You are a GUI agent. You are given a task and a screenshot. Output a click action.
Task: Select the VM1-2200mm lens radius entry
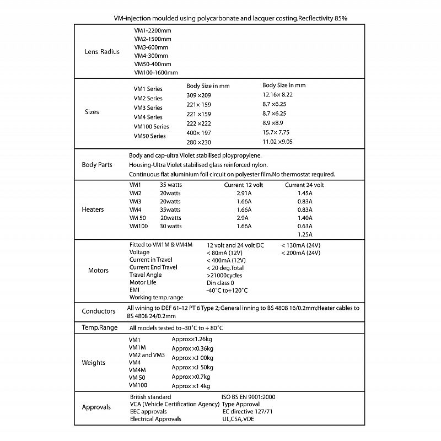point(153,30)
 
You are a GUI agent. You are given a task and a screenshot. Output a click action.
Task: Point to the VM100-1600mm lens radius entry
point(156,72)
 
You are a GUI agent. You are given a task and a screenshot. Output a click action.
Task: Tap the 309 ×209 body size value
point(199,95)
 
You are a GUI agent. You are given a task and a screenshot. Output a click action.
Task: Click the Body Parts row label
point(97,164)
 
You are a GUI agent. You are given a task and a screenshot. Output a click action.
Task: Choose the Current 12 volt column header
point(244,185)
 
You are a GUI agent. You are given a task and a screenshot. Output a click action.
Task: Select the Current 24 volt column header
point(304,185)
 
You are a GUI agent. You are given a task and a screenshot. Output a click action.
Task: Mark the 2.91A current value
point(243,193)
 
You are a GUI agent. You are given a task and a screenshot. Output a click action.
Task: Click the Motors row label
point(99,270)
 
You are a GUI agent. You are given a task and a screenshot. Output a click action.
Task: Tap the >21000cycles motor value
point(224,275)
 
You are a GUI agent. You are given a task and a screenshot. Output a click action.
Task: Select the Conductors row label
point(99,311)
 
